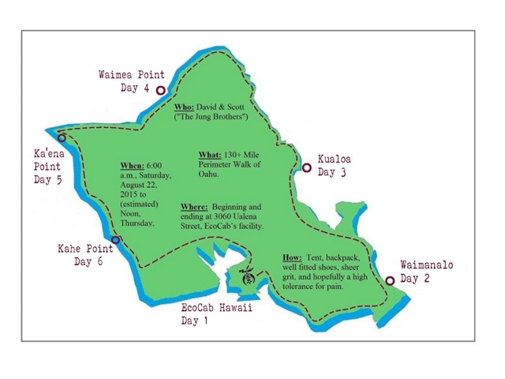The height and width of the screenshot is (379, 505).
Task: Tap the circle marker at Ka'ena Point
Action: click(62, 137)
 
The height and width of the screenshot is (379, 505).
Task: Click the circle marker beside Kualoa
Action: click(306, 167)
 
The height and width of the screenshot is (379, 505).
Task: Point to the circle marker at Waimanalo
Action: click(389, 280)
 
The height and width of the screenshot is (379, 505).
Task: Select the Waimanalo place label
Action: click(427, 265)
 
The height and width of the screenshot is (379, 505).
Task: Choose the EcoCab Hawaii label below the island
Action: click(216, 307)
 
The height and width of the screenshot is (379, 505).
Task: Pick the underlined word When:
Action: click(133, 165)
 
